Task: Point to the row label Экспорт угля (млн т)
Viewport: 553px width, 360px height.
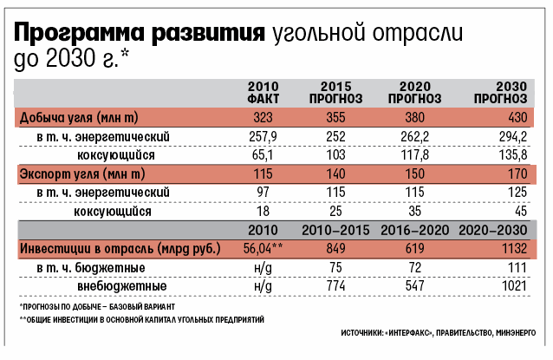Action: coord(78,173)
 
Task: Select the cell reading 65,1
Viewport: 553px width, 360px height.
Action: coord(262,154)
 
